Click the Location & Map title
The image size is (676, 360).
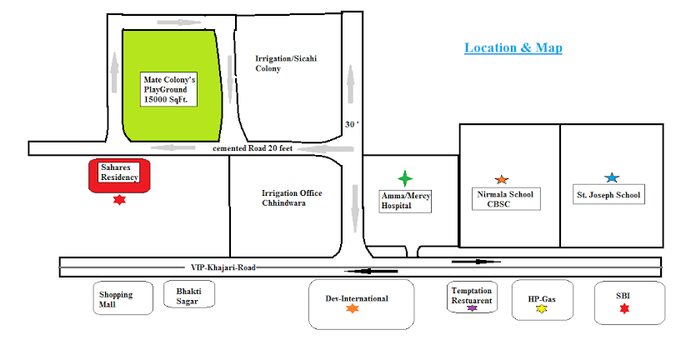tap(513, 48)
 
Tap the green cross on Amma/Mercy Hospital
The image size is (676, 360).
tap(405, 178)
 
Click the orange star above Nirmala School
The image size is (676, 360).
tap(501, 179)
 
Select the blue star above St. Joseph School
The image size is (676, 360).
tap(611, 177)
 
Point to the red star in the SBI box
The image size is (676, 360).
tap(624, 309)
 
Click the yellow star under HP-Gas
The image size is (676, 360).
tap(541, 310)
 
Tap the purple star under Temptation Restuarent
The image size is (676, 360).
tap(472, 308)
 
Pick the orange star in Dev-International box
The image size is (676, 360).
tap(352, 309)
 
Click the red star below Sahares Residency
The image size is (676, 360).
tap(119, 200)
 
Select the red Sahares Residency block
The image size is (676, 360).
tap(119, 175)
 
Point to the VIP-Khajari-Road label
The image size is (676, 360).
tap(223, 267)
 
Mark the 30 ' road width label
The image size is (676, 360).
tap(352, 125)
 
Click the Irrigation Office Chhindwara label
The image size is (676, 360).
tap(291, 197)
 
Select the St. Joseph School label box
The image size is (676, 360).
tap(608, 197)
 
